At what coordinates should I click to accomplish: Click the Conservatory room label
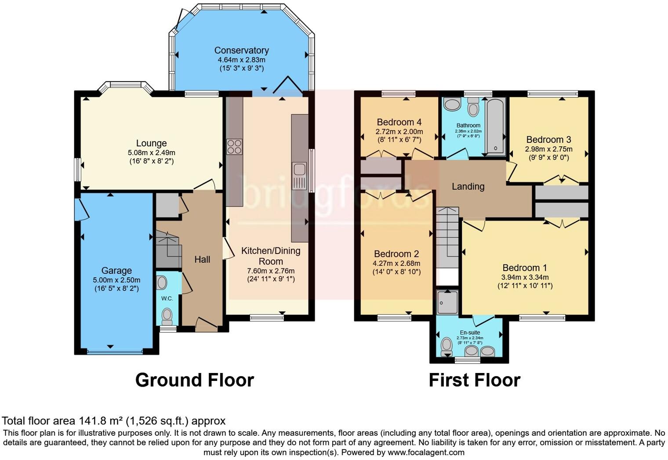(x=241, y=51)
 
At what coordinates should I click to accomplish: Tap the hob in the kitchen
(x=234, y=146)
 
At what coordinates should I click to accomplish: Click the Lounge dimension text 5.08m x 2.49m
(x=151, y=152)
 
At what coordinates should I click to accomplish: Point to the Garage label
(x=116, y=271)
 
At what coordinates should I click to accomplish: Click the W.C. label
(x=167, y=298)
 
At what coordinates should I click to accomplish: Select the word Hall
(x=202, y=260)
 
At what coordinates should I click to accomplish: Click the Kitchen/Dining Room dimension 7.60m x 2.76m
(x=271, y=271)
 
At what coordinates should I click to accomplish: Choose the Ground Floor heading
(x=194, y=380)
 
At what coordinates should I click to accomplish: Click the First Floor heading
(x=474, y=380)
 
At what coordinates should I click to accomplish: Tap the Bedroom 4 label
(x=399, y=122)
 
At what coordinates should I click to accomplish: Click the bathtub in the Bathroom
(x=496, y=127)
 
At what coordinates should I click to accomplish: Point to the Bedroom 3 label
(x=548, y=140)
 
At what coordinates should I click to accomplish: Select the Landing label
(x=468, y=186)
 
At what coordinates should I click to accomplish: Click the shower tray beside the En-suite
(x=447, y=302)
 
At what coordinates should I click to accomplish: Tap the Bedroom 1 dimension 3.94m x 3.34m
(x=525, y=277)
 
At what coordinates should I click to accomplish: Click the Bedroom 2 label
(x=396, y=254)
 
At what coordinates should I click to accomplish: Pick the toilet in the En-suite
(x=447, y=345)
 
